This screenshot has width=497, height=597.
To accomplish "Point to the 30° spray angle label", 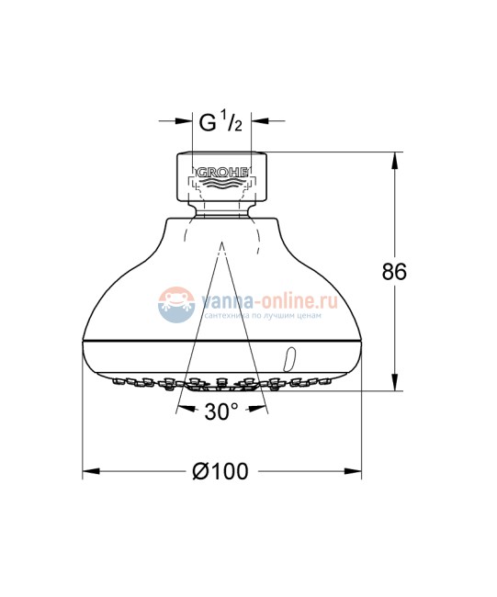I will pos(221,413).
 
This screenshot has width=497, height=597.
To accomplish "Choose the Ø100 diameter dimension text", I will pos(220,472).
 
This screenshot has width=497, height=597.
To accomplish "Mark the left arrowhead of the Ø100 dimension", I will pos(90,472).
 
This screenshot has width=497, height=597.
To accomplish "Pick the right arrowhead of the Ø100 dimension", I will pos(354,472).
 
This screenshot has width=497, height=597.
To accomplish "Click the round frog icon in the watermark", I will pos(173,305).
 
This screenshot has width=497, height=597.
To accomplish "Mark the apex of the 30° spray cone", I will pos(221,245).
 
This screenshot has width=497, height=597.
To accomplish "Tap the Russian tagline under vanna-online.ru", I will pos(260,315).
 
